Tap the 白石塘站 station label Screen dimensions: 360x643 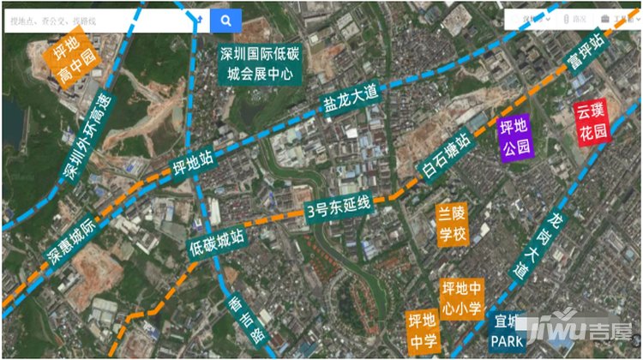(446, 157)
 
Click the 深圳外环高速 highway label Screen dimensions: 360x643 (86, 138)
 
